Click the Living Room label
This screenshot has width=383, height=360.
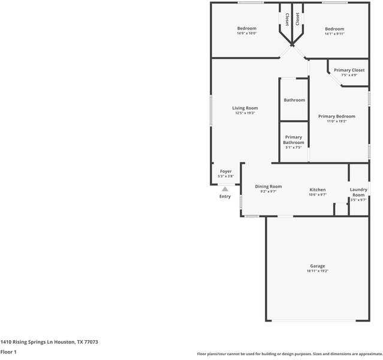coord(245,108)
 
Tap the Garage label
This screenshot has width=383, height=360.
coord(317,266)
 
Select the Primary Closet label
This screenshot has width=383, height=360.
coord(349,70)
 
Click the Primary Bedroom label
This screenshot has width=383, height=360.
coord(336,116)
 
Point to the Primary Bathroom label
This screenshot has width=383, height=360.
coord(294,140)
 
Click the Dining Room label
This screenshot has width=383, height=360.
coord(268,187)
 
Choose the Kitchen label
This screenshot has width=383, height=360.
coord(317,190)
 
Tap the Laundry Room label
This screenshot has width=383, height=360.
coord(358,192)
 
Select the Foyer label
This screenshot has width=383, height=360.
coord(225,172)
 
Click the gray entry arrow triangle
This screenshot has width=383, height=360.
coord(225,188)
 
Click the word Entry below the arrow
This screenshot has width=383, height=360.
coord(225,196)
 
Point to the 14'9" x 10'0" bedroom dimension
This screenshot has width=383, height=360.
coord(246,34)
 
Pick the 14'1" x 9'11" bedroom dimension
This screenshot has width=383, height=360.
coord(334,34)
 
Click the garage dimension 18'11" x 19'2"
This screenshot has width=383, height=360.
coord(317,271)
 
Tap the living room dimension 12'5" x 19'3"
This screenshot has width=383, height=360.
coord(245,113)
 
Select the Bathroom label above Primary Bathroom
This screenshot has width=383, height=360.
coord(294,100)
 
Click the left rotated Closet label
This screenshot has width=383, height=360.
coord(287,19)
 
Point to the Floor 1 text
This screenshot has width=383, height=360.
coord(8,352)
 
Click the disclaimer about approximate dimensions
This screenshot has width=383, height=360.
coord(289,354)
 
